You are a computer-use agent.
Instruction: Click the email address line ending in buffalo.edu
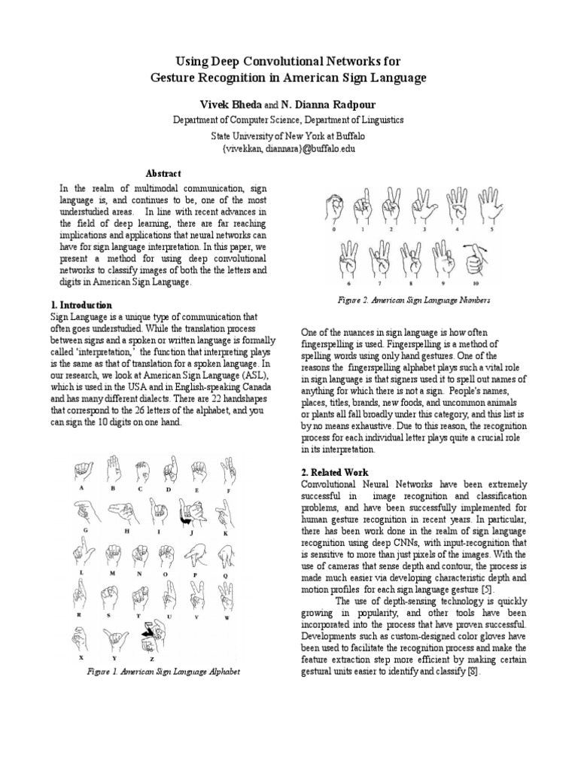[288, 149]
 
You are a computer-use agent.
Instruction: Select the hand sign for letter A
[81, 471]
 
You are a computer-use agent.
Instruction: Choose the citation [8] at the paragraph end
[470, 672]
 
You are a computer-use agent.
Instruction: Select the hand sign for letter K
[224, 514]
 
